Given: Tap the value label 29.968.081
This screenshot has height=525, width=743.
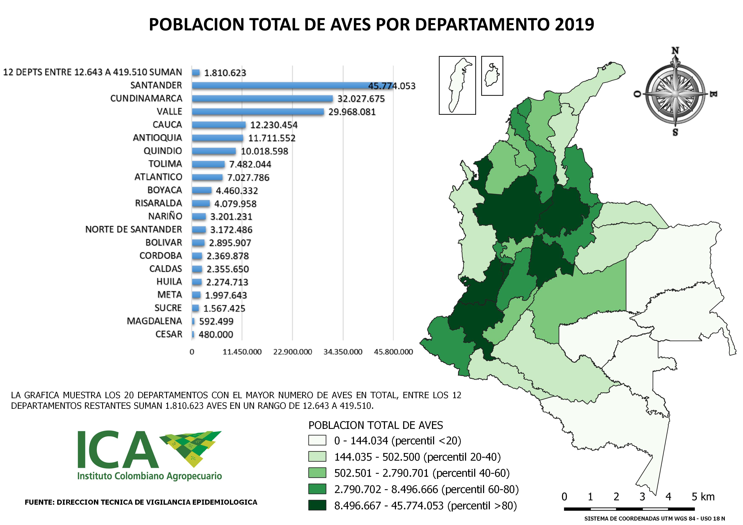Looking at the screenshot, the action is (x=352, y=112).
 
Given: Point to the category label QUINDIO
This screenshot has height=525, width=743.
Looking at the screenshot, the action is (x=163, y=151).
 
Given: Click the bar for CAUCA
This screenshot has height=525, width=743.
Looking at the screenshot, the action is (x=219, y=125).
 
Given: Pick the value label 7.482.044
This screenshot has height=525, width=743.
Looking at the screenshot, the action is (x=250, y=164).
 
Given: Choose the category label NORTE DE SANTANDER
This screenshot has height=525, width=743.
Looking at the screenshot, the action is (x=134, y=229).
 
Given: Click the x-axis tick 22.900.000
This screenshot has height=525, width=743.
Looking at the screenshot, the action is (x=293, y=352).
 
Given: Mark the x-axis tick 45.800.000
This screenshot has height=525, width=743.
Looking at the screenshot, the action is (x=393, y=352).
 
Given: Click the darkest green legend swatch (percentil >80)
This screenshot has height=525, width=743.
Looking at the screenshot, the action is (x=317, y=505).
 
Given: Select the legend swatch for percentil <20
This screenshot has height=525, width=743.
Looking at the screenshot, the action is (x=317, y=440).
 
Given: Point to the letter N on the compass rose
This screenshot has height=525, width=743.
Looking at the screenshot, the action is (x=675, y=51).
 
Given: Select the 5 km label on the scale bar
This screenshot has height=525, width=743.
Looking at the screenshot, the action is (x=703, y=497).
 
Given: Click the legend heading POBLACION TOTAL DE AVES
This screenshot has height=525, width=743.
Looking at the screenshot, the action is (x=376, y=425).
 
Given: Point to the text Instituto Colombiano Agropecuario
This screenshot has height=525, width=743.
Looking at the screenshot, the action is (x=150, y=476).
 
